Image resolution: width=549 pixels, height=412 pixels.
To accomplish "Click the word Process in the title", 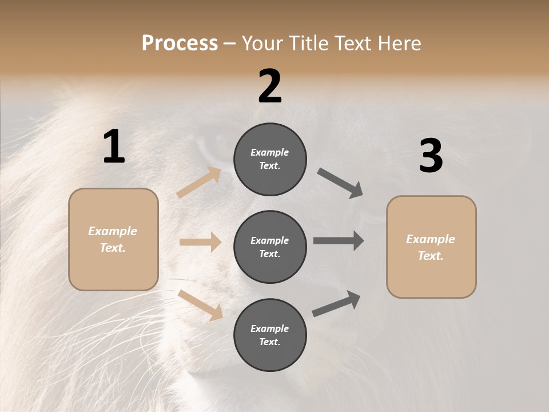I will [x=180, y=43].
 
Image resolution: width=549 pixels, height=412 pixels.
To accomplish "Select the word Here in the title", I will [x=399, y=43].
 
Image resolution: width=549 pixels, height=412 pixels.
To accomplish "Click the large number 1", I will [x=114, y=147].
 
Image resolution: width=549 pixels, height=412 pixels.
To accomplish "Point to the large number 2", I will [x=270, y=86].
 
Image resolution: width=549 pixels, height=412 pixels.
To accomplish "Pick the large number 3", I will [x=431, y=156].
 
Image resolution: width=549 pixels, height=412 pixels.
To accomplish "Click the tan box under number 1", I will [x=113, y=239].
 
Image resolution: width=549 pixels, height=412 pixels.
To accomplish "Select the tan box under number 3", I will [x=431, y=247].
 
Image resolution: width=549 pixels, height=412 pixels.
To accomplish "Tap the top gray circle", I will [x=270, y=159].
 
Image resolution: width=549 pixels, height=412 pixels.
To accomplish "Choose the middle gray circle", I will [x=270, y=247].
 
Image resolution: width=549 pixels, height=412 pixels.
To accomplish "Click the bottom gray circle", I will [x=270, y=335].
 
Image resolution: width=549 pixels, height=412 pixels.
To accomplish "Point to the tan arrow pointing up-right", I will [x=199, y=183].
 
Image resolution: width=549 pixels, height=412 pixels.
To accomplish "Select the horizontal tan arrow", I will [x=200, y=242].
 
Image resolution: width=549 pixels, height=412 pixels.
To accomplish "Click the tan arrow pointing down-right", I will [x=200, y=305].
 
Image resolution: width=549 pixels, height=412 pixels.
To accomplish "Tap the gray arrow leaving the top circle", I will [x=340, y=183].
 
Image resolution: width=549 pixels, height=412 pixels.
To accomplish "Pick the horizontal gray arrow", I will [x=339, y=241].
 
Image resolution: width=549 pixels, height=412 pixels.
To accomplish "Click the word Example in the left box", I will [x=113, y=231].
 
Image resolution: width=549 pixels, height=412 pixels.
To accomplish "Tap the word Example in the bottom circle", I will [x=269, y=328].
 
